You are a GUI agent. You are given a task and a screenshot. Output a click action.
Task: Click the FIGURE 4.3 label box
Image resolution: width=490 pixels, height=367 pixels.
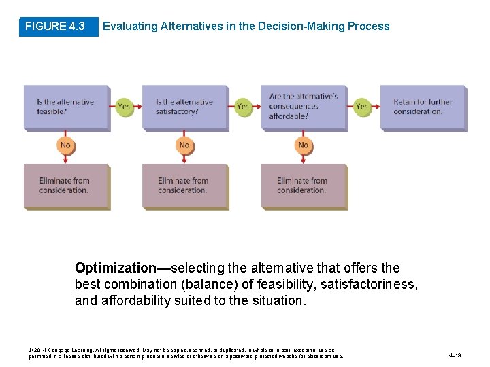[54, 27]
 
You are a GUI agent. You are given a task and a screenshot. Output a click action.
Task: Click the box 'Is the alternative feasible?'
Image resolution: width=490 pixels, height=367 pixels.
[66, 107]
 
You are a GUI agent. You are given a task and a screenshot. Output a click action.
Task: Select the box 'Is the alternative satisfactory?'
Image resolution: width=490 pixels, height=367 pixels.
[184, 107]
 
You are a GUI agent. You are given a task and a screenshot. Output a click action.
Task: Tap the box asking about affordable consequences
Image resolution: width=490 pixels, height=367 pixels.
[304, 107]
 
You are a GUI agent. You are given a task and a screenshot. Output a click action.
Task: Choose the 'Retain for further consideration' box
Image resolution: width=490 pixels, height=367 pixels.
[423, 107]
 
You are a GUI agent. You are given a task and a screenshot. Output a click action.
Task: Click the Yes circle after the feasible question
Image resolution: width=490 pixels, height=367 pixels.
[124, 107]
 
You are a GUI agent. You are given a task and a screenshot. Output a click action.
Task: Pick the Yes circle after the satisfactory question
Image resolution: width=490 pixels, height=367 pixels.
[243, 107]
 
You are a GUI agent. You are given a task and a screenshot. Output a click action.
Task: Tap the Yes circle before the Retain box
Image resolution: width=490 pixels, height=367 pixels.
[362, 107]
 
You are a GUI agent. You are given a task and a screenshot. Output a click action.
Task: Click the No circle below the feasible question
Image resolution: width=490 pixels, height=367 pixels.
[65, 145]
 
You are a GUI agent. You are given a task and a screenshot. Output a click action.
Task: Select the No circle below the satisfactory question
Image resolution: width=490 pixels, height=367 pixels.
[184, 145]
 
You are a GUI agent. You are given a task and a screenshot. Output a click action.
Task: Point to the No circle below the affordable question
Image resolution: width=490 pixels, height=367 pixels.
[304, 145]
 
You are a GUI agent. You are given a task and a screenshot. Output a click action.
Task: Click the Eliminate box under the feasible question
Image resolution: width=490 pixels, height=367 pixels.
[65, 186]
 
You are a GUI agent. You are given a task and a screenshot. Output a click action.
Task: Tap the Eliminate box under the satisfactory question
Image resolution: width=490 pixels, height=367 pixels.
[184, 186]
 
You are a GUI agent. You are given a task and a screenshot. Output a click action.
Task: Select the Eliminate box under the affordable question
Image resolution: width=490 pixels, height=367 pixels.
[303, 186]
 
